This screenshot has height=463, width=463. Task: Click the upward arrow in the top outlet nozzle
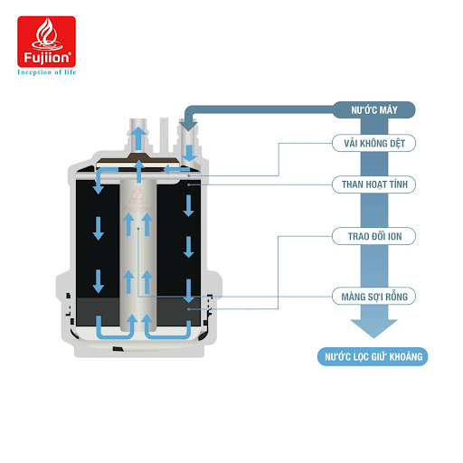(137, 137)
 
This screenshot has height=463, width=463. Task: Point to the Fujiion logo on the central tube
(137, 200)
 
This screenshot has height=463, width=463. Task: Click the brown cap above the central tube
(137, 165)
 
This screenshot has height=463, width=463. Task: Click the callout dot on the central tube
(137, 231)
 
